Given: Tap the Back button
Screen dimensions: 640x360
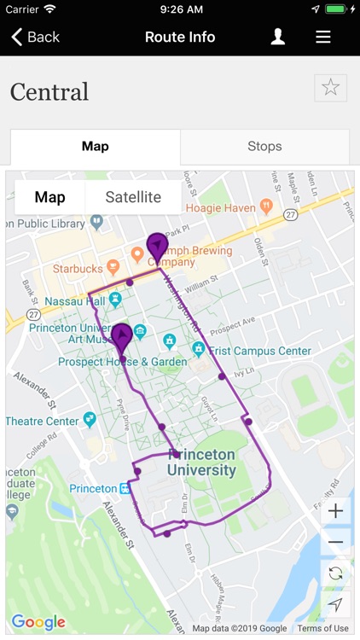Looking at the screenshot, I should [35, 37].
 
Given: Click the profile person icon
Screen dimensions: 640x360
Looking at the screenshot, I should [277, 37].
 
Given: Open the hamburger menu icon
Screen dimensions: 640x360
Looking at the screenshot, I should [322, 37].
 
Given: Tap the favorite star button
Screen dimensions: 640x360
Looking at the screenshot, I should [330, 88].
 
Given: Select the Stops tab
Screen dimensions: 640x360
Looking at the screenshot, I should [264, 147].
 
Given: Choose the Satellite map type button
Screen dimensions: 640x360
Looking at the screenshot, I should [133, 197].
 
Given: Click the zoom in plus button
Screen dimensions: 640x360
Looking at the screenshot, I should [335, 511].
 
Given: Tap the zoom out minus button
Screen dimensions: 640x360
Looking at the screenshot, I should [335, 542].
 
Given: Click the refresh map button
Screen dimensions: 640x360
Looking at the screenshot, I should [335, 573].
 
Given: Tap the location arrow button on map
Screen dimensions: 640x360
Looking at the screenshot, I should [335, 604].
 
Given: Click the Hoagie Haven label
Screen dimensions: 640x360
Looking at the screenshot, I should [222, 207].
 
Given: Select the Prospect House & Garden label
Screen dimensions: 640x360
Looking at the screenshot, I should [122, 362].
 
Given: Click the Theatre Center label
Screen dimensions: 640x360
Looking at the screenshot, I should [43, 421].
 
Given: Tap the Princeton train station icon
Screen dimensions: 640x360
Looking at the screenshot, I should [125, 489].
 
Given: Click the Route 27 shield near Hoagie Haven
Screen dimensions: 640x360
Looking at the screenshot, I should [290, 216].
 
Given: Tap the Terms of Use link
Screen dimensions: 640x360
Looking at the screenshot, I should [323, 629].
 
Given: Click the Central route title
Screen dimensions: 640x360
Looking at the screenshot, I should [49, 91].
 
